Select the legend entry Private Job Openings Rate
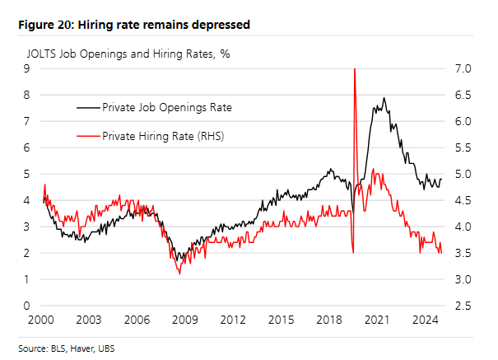(x=166, y=107)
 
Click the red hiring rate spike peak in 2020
(x=354, y=70)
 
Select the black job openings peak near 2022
(x=384, y=98)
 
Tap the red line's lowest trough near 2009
(x=179, y=273)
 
